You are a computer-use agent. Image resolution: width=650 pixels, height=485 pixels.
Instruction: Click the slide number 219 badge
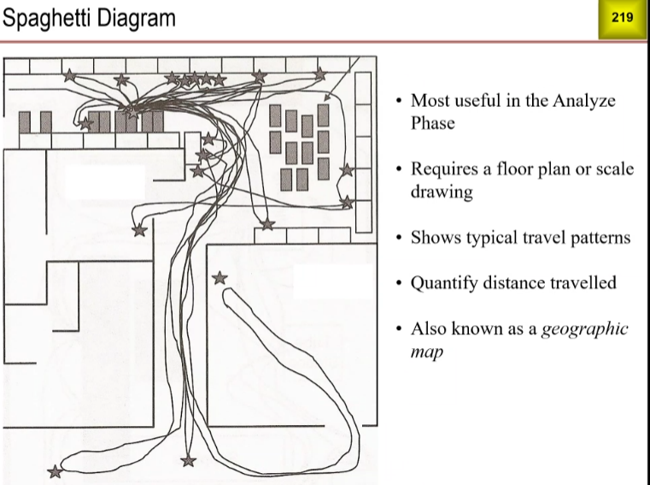tap(621, 18)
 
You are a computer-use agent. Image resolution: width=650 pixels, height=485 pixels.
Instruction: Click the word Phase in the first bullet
tap(432, 122)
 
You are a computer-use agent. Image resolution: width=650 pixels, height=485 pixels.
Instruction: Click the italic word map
tap(426, 351)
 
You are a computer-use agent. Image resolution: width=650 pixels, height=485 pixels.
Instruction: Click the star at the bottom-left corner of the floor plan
tap(56, 471)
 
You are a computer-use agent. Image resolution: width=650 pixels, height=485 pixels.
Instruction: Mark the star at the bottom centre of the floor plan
tap(189, 461)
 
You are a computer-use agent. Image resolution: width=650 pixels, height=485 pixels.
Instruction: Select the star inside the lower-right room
tap(220, 277)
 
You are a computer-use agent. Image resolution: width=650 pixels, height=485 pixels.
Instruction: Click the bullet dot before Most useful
tap(398, 101)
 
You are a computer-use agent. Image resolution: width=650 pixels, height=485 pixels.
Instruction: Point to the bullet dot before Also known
tap(398, 328)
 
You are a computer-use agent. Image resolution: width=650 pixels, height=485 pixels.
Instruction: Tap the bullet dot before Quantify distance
tap(398, 282)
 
